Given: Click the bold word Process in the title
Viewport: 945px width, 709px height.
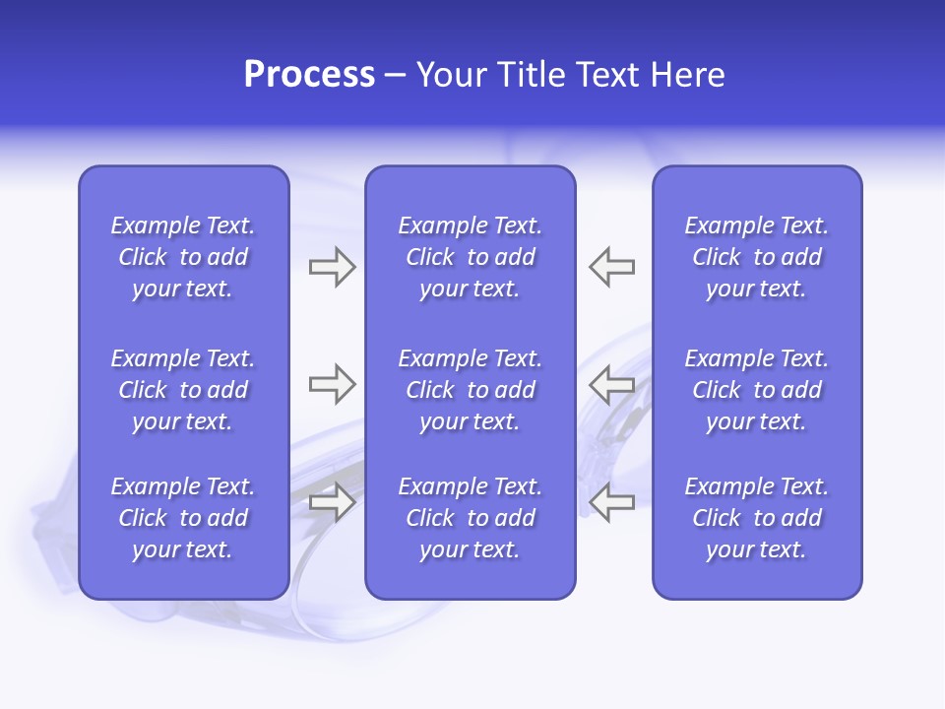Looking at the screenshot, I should (x=309, y=75).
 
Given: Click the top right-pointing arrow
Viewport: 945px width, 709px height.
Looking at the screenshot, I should (x=332, y=267).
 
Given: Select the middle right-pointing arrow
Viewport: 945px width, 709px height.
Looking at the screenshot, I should (x=332, y=384).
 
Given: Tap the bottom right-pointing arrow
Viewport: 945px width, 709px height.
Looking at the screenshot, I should (x=332, y=502).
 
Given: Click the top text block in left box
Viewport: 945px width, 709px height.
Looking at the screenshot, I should (x=183, y=257).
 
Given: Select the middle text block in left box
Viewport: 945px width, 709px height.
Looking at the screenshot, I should (x=183, y=390).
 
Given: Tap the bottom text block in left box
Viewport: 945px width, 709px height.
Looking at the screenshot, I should (x=183, y=518).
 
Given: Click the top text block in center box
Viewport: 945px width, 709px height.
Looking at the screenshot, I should (x=470, y=257).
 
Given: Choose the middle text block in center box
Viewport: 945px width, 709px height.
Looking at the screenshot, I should (x=470, y=390).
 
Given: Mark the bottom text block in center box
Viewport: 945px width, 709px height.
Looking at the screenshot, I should (x=470, y=518).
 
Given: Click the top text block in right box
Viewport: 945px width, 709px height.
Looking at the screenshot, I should (x=756, y=257).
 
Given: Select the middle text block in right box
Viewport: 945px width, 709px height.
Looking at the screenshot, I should (x=756, y=390).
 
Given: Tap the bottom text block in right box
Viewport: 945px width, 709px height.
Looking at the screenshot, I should (x=756, y=518).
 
